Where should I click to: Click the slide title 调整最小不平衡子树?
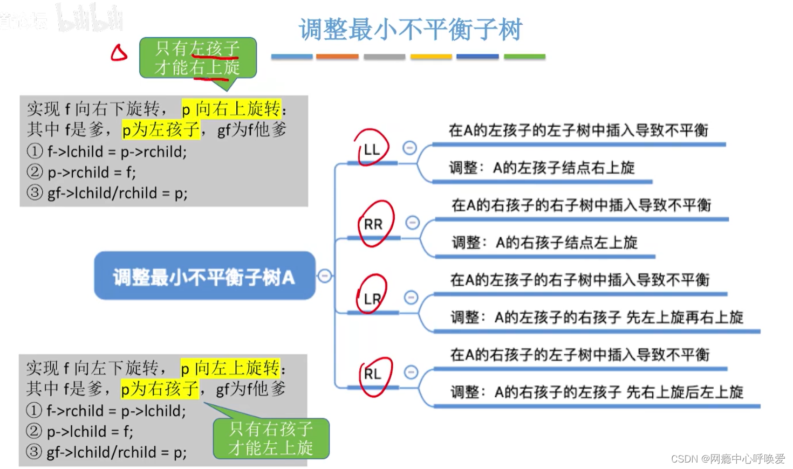(411, 29)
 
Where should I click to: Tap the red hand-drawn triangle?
(119, 53)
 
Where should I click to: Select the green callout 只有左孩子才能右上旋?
(197, 58)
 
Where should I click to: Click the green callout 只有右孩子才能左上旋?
(271, 438)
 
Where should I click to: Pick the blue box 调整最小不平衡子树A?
(204, 276)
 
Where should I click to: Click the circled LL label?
(372, 149)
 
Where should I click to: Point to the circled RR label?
(373, 224)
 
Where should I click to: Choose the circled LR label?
(372, 298)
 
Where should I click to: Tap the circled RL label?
(372, 373)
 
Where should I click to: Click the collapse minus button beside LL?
(410, 148)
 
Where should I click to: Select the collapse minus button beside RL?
(411, 372)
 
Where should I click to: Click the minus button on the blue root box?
(325, 276)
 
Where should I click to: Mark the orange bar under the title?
(337, 56)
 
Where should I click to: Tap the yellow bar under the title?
(430, 56)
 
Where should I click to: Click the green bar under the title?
(524, 56)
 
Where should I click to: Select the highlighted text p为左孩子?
(161, 130)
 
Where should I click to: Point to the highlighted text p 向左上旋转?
(230, 368)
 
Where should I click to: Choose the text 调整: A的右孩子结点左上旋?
(544, 243)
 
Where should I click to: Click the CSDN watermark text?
(728, 459)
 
